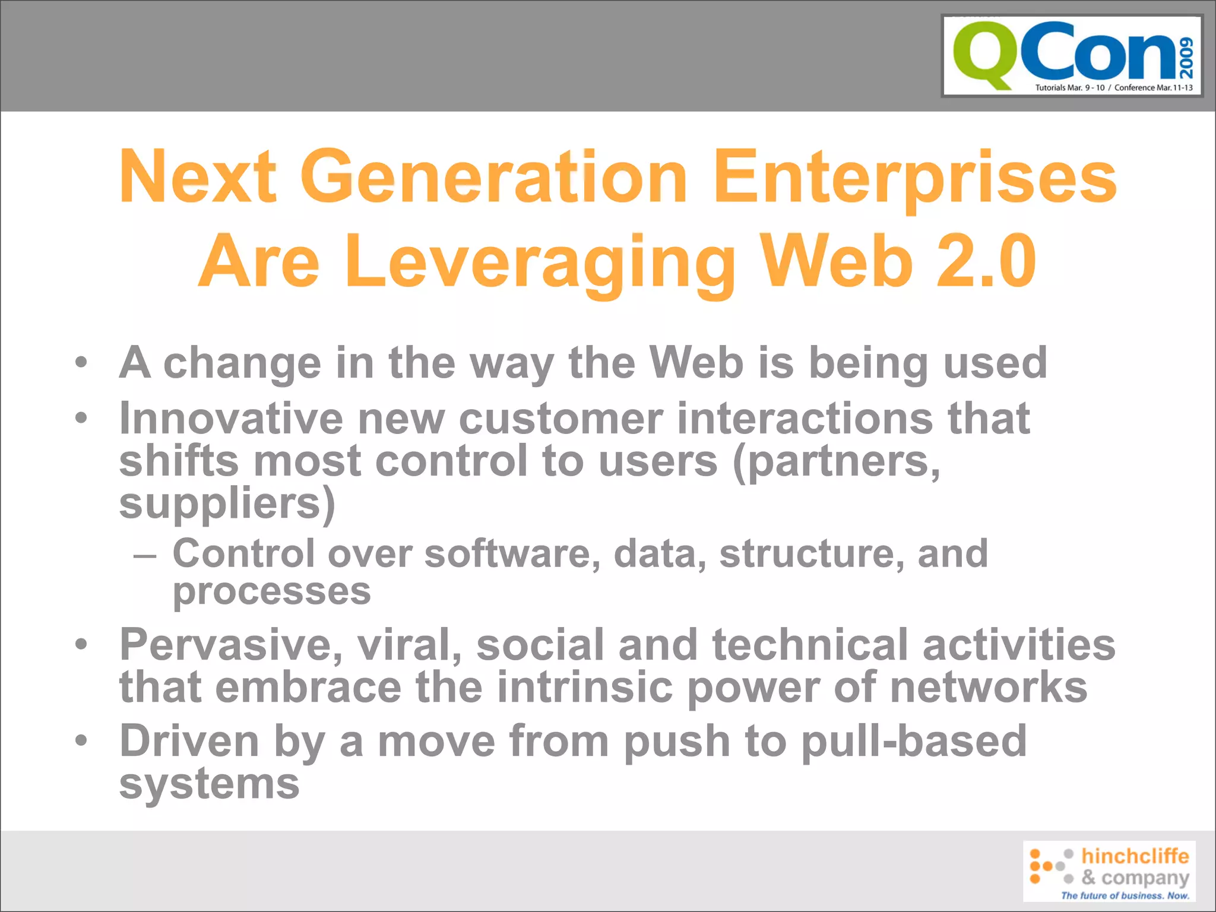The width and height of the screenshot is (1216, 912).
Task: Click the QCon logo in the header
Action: pyautogui.click(x=1072, y=56)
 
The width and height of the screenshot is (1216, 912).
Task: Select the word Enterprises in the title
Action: pyautogui.click(x=914, y=177)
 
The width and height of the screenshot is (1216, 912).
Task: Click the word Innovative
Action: pyautogui.click(x=231, y=418)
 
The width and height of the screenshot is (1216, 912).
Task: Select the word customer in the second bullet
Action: pyautogui.click(x=560, y=418)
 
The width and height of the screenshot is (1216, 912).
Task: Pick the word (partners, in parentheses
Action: pyautogui.click(x=837, y=462)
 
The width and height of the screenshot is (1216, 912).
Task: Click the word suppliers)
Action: pyautogui.click(x=227, y=504)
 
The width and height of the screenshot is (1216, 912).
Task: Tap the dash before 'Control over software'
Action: pyautogui.click(x=145, y=556)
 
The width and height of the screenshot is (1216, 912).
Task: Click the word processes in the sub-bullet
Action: pyautogui.click(x=271, y=591)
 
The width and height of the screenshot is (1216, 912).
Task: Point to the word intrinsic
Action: pyautogui.click(x=585, y=687)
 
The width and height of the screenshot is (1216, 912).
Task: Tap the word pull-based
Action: pyautogui.click(x=914, y=742)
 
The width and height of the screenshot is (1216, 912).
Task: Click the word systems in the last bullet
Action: pyautogui.click(x=209, y=784)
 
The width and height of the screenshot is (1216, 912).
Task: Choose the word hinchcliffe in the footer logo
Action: pyautogui.click(x=1135, y=856)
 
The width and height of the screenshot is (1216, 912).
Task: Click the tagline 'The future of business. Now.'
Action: pyautogui.click(x=1125, y=895)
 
